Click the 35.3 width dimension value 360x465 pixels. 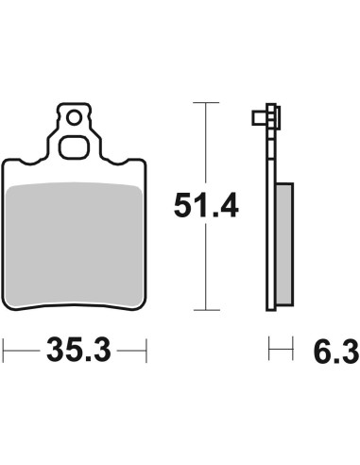[x=78, y=350]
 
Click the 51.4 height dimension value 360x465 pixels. [x=206, y=205]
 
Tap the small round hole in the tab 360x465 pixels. [x=75, y=118]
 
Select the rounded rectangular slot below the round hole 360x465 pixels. [x=75, y=147]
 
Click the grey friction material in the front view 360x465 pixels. [x=75, y=245]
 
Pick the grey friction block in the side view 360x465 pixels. [x=284, y=244]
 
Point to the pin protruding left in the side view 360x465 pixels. [x=259, y=117]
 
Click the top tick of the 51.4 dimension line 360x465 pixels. [x=206, y=103]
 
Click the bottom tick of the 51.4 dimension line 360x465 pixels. [x=207, y=310]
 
